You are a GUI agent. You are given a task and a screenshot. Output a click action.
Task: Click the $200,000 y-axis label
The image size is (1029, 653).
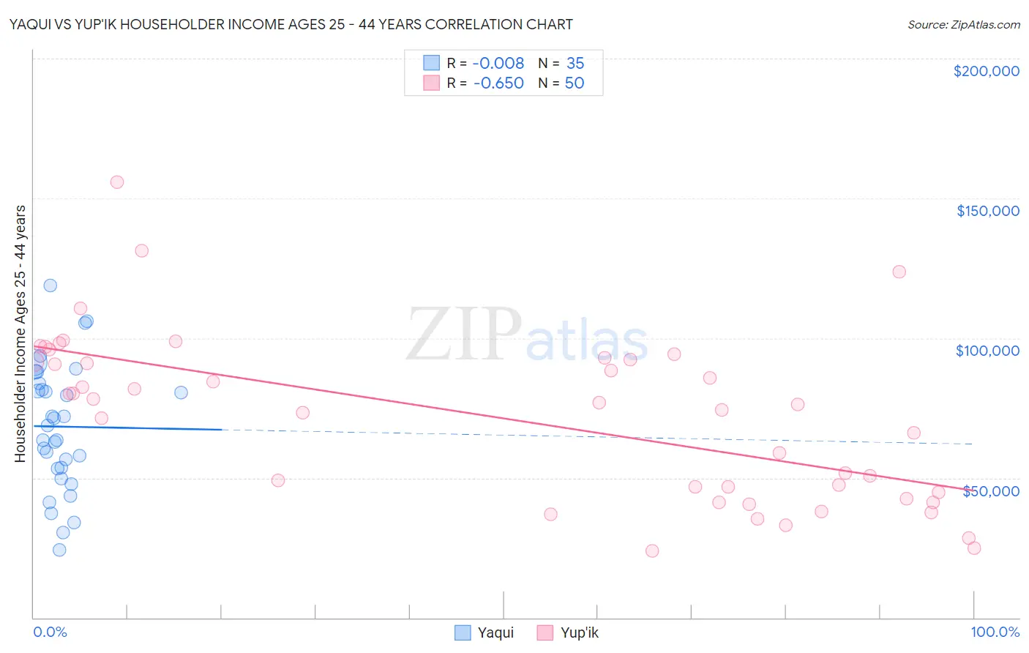(986, 71)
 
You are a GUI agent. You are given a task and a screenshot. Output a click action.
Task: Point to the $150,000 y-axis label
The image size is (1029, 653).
(987, 211)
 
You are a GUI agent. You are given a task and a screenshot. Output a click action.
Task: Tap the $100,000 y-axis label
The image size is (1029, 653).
(987, 351)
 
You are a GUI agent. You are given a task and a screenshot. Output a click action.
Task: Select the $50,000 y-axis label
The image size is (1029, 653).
(990, 491)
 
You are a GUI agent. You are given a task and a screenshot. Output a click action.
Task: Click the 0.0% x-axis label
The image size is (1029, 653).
(50, 632)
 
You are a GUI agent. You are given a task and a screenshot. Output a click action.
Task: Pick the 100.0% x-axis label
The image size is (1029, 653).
(995, 632)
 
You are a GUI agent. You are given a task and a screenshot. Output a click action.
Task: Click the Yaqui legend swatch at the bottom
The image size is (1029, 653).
(463, 633)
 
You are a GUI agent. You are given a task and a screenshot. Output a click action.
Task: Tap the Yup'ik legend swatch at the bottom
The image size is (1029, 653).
(545, 633)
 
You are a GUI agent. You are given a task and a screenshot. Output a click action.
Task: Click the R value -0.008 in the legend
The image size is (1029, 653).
(498, 64)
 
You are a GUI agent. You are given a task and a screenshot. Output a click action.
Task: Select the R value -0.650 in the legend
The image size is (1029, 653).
(498, 83)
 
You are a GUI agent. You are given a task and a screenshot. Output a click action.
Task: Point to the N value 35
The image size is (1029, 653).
(575, 64)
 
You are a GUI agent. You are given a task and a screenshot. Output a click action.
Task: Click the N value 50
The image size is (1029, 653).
(575, 83)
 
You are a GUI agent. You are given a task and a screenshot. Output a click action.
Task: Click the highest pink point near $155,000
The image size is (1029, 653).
(117, 182)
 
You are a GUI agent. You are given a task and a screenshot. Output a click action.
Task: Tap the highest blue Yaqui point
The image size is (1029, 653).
(50, 286)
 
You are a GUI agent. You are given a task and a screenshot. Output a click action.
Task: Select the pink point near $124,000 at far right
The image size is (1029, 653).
(899, 272)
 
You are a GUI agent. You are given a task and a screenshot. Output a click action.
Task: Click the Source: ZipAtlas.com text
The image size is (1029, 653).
(963, 25)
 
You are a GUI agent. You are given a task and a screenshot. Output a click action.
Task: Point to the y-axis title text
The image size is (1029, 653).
(20, 334)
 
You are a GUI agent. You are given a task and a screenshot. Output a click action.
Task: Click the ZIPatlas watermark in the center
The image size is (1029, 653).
(527, 335)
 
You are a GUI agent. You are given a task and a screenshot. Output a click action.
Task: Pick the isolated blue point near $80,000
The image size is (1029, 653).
(181, 392)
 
